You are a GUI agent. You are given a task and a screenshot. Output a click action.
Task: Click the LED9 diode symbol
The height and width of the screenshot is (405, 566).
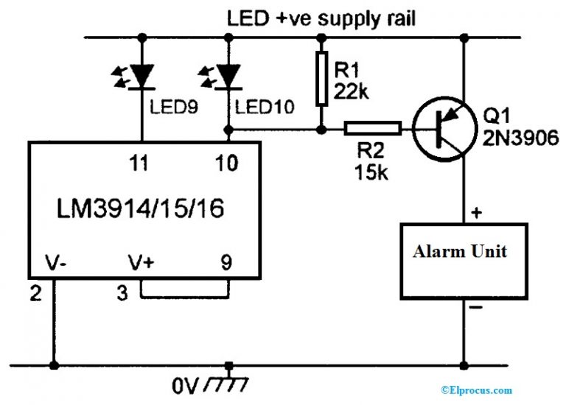coord(141,75)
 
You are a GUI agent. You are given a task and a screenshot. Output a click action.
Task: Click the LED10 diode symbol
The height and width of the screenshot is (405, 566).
coord(231,75)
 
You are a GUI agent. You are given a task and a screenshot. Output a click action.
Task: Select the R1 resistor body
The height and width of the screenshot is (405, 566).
coord(321,78)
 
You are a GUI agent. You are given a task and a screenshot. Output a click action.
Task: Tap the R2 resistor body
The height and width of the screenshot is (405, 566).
coord(373,130)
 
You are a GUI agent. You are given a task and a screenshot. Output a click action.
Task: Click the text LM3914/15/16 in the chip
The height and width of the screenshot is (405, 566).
coord(144,211)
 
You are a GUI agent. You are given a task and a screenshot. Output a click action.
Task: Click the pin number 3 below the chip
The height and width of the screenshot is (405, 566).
coord(122,293)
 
